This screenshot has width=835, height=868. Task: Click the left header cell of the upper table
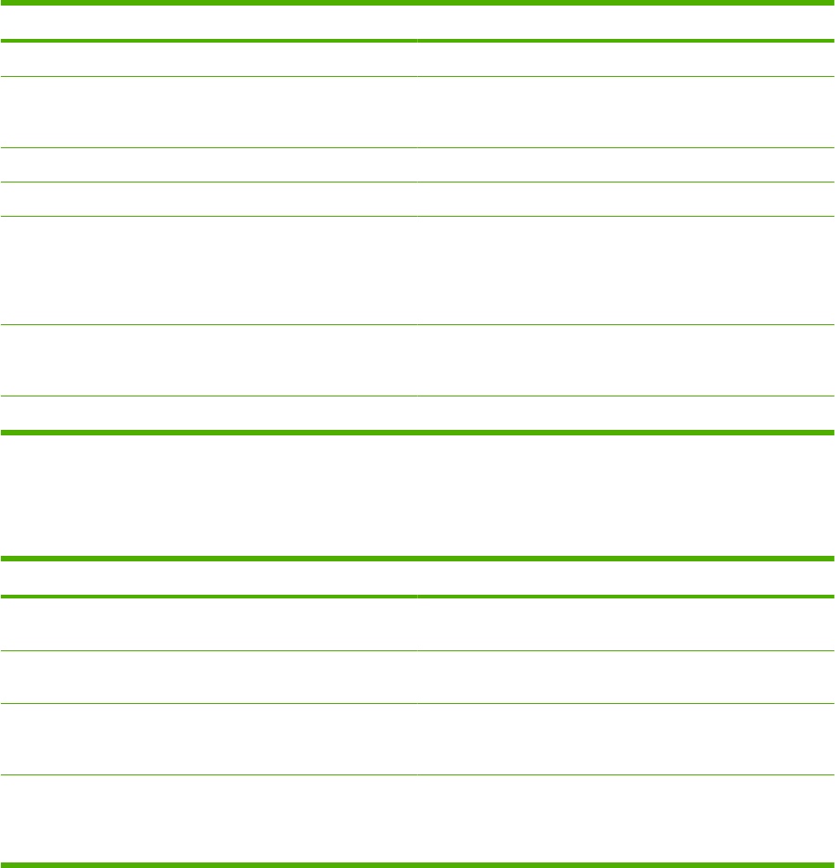pyautogui.click(x=209, y=23)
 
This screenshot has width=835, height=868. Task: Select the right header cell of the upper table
pyautogui.click(x=626, y=23)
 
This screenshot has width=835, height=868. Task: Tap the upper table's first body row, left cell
pyautogui.click(x=209, y=59)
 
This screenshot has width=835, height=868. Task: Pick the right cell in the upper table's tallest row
pyautogui.click(x=626, y=270)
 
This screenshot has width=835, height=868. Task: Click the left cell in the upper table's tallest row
pyautogui.click(x=209, y=270)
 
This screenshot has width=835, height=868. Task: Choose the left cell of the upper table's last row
pyautogui.click(x=209, y=413)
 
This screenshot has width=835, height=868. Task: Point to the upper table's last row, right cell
pyautogui.click(x=626, y=413)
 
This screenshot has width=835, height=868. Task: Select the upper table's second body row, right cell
pyautogui.click(x=626, y=112)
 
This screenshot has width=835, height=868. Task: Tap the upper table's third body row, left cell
pyautogui.click(x=209, y=165)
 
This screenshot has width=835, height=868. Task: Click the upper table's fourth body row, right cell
pyautogui.click(x=626, y=199)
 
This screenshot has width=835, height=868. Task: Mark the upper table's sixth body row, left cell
pyautogui.click(x=209, y=360)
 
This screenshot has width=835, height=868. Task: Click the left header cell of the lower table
pyautogui.click(x=209, y=578)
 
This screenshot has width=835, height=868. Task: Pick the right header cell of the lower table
pyautogui.click(x=626, y=578)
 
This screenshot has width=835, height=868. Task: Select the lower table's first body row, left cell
pyautogui.click(x=209, y=623)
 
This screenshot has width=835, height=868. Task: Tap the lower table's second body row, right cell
pyautogui.click(x=626, y=677)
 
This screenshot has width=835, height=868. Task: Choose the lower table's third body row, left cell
pyautogui.click(x=209, y=739)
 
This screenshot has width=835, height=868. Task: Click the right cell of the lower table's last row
pyautogui.click(x=626, y=819)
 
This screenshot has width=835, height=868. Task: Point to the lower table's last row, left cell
pyautogui.click(x=209, y=819)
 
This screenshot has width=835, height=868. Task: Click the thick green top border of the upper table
pyautogui.click(x=417, y=3)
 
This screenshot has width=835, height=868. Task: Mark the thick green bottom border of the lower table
pyautogui.click(x=417, y=865)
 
